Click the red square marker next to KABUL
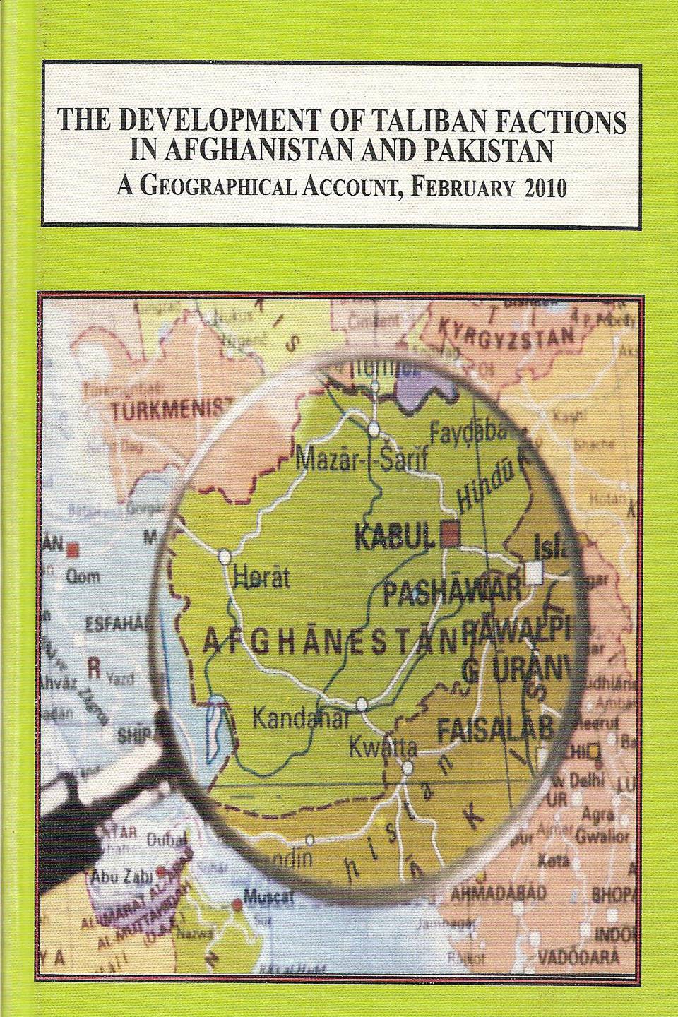tap(450, 535)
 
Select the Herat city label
tap(261, 579)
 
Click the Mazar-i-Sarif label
tap(352, 461)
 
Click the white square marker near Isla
tap(535, 573)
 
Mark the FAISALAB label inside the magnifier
tap(494, 730)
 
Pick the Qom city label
tap(83, 577)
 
